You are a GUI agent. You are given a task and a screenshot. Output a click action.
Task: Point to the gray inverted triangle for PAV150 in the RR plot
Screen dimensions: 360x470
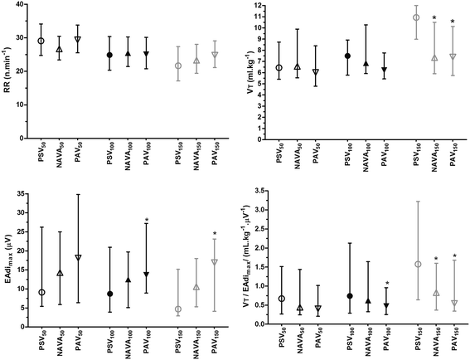pos(195,55)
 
